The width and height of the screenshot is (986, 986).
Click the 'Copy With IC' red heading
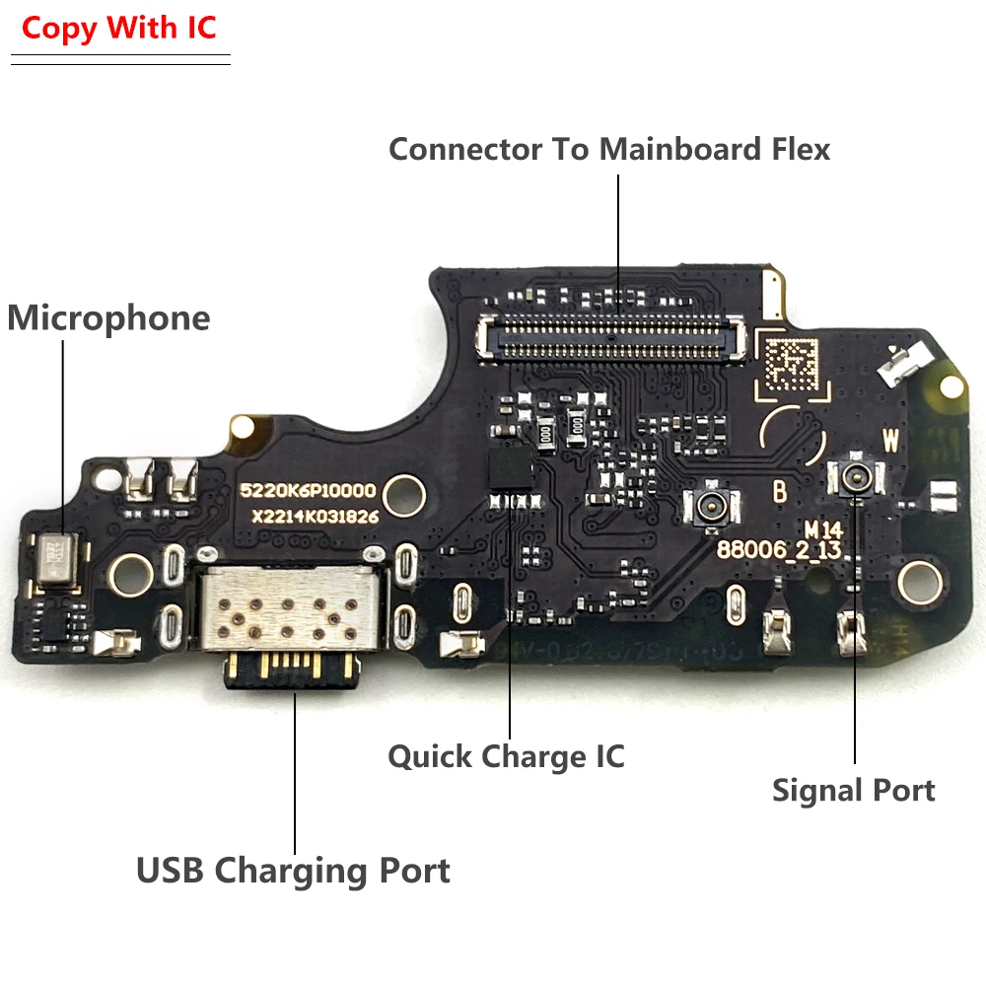118,28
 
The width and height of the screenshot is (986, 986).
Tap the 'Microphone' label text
108,318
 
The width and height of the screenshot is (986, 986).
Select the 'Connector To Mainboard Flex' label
609,149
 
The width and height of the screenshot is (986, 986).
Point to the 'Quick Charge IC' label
506,756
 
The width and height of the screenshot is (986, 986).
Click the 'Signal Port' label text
854,790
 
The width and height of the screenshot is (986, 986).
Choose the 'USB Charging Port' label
293,871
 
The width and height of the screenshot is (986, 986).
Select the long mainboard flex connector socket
611,335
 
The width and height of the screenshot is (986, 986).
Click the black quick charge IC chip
511,463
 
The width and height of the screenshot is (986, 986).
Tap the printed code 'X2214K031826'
314,516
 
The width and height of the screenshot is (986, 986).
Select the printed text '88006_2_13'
794,550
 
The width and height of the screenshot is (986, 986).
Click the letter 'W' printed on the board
890,441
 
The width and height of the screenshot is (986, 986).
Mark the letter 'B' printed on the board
779,490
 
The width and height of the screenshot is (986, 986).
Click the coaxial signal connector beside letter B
708,508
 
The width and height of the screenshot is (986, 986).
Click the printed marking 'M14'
819,529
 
